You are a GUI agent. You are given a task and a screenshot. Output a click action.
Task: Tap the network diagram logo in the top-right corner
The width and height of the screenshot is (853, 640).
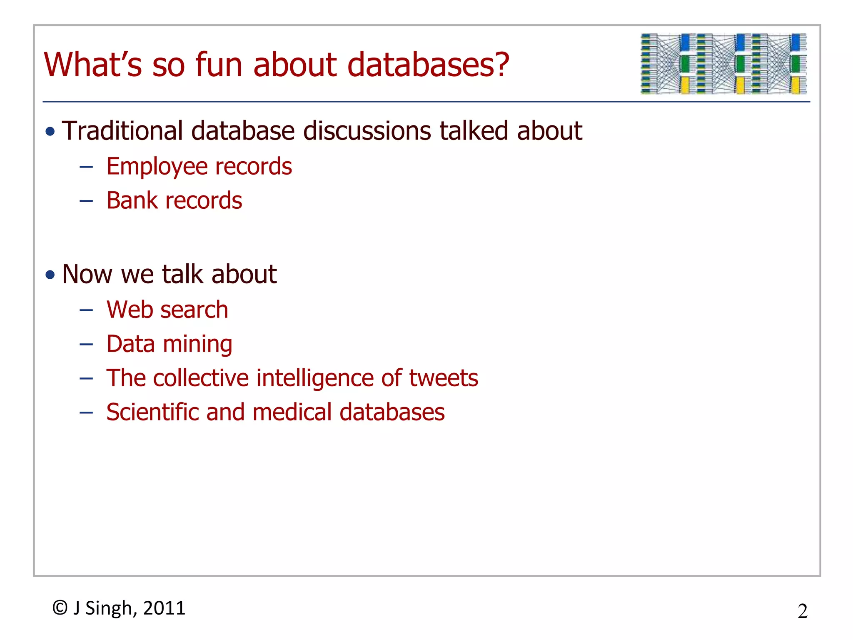point(723,64)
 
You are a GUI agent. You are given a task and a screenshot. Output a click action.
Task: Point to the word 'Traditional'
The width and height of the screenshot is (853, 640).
point(122,131)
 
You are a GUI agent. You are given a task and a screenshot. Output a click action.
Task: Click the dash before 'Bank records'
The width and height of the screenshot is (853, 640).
point(86,201)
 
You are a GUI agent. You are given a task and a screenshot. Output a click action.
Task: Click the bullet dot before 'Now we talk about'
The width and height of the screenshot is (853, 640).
point(50,275)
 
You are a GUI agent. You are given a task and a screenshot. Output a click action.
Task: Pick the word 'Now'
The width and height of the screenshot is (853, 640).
point(87,274)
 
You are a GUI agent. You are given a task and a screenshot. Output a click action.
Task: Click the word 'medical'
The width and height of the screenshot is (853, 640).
point(292,412)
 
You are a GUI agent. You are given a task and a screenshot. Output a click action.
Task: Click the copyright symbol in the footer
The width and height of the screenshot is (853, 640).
point(60,608)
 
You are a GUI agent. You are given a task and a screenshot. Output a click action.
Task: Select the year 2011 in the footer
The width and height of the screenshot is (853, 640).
point(164,608)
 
